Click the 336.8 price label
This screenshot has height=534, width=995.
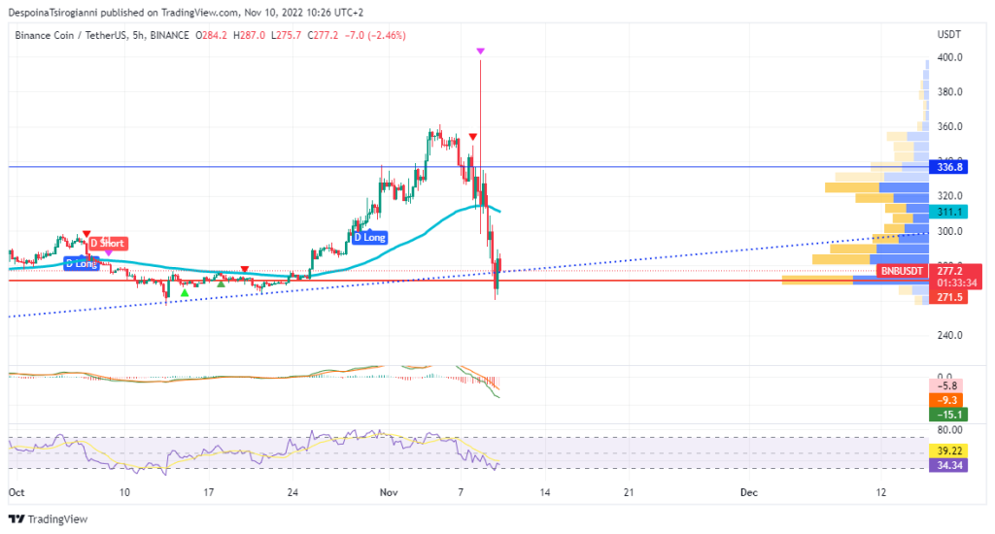pyautogui.click(x=949, y=167)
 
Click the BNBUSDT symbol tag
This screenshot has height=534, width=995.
pyautogui.click(x=901, y=270)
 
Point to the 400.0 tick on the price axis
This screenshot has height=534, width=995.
pyautogui.click(x=949, y=57)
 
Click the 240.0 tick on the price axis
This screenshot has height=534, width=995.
pyautogui.click(x=949, y=335)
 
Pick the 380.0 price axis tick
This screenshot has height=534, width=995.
pyautogui.click(x=949, y=92)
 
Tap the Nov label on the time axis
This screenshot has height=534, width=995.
pyautogui.click(x=389, y=493)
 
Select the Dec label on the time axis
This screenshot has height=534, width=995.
pyautogui.click(x=748, y=493)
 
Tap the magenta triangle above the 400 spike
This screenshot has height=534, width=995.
pyautogui.click(x=480, y=50)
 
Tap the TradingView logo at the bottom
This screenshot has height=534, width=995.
pyautogui.click(x=49, y=519)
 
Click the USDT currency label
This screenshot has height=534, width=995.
pyautogui.click(x=948, y=35)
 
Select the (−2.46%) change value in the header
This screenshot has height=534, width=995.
pyautogui.click(x=383, y=35)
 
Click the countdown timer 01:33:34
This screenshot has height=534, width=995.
pyautogui.click(x=949, y=284)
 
